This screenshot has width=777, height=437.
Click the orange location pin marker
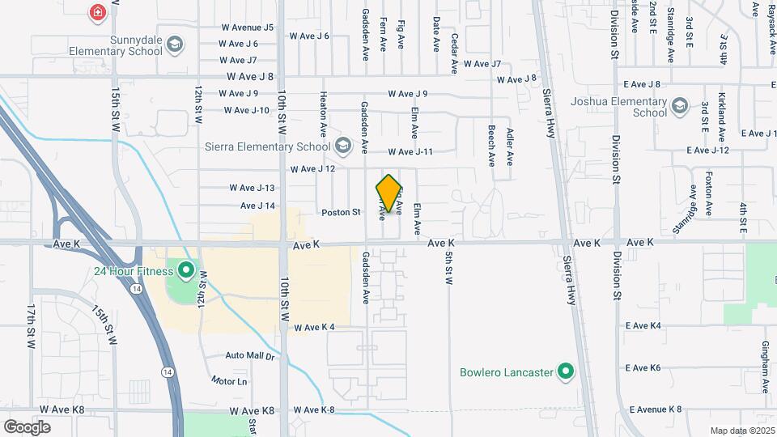click(389, 193)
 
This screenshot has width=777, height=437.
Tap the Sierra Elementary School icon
click(343, 146)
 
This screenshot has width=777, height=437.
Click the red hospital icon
click(98, 12)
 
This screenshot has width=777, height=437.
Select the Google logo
click(27, 426)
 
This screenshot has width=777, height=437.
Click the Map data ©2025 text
click(741, 431)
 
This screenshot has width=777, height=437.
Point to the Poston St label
click(341, 212)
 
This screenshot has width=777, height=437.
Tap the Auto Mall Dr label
click(250, 355)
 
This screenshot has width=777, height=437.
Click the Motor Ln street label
click(228, 380)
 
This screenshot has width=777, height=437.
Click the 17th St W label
click(30, 327)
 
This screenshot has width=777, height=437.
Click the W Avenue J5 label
click(247, 27)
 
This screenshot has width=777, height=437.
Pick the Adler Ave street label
click(509, 146)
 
